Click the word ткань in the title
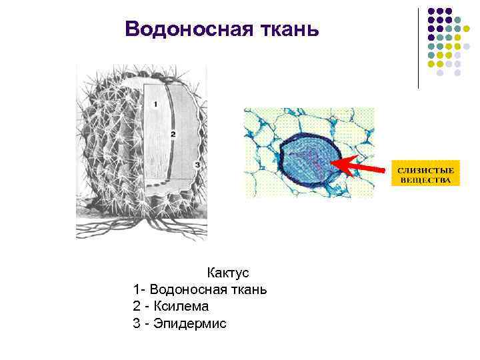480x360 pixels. [x=287, y=29]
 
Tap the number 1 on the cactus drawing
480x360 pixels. [x=155, y=105]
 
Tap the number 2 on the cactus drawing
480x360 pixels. [x=173, y=134]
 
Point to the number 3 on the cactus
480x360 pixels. [x=195, y=164]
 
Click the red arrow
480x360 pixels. [x=360, y=165]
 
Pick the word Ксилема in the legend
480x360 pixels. [x=181, y=307]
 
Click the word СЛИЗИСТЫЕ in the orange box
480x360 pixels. [x=424, y=170]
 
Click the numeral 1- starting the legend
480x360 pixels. [x=139, y=290]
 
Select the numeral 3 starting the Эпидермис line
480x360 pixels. [x=137, y=324]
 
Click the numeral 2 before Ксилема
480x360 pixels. [x=137, y=307]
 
